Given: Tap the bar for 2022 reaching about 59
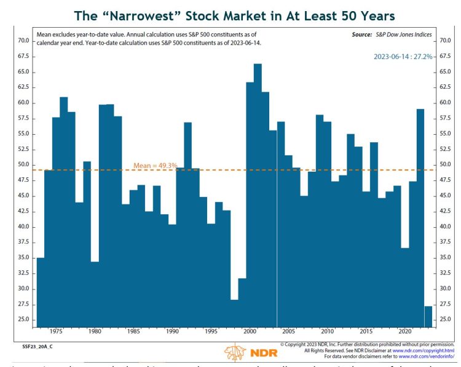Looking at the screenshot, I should pyautogui.click(x=420, y=216).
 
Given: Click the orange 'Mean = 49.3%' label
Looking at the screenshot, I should pyautogui.click(x=155, y=166).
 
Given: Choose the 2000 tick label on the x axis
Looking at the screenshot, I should pyautogui.click(x=250, y=331).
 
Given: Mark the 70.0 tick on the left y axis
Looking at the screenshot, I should pyautogui.click(x=23, y=41).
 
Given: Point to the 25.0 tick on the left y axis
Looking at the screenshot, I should pyautogui.click(x=23, y=320).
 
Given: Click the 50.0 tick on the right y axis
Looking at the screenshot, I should pyautogui.click(x=446, y=165).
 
